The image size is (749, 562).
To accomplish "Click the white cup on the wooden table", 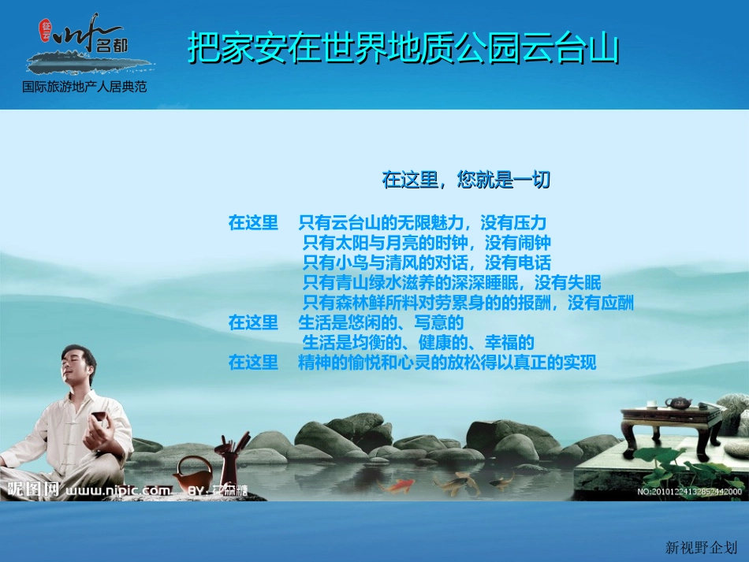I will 651,404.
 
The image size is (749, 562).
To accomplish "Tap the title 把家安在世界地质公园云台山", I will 403,48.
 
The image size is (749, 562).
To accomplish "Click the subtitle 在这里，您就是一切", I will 465,181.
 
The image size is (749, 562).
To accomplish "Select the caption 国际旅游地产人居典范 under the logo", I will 84,87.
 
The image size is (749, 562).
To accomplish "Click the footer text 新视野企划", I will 702,547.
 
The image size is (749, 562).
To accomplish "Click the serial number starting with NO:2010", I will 689,492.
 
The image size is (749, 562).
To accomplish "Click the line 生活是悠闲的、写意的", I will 380,323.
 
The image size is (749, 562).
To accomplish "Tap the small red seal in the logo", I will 46,31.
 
